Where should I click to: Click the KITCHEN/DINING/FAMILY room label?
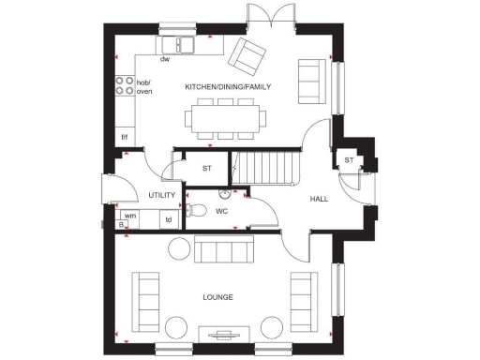point(228,86)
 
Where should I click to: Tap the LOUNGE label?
point(217,297)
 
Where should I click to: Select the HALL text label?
point(320,200)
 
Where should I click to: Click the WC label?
point(222,211)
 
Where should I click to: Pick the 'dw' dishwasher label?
point(164,59)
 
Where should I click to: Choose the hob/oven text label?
point(144,88)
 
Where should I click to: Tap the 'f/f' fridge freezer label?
point(125,137)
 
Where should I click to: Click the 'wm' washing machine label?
point(130,216)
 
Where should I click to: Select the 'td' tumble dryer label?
point(169,220)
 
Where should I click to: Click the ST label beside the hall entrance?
point(348,160)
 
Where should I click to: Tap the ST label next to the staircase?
point(206,168)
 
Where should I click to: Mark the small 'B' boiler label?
point(122,225)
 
